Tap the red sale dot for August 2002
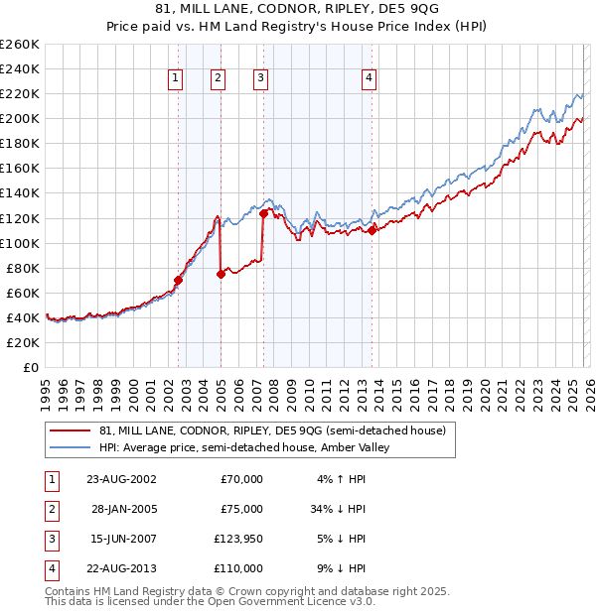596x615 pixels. (x=179, y=280)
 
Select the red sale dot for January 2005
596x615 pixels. (x=221, y=274)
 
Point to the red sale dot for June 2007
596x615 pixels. (x=263, y=213)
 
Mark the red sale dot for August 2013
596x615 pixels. (x=372, y=230)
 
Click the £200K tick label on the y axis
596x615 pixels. (x=19, y=118)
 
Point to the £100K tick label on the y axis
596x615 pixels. (x=19, y=243)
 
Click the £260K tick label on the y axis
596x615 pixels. (x=19, y=44)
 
